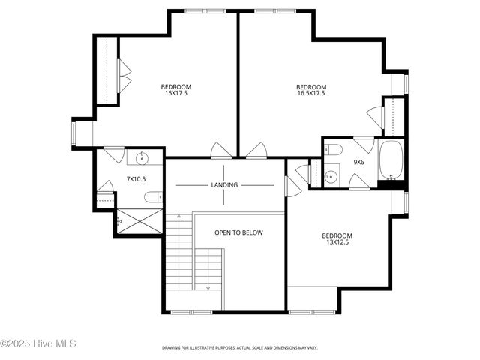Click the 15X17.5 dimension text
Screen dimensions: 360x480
click(176, 93)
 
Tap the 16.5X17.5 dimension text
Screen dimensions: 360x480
click(311, 93)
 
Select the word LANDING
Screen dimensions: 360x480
click(224, 185)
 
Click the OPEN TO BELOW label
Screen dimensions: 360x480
click(238, 232)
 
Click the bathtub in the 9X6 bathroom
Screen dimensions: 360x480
click(391, 160)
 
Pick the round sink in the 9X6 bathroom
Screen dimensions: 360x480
click(331, 177)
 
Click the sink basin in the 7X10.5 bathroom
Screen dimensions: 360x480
click(140, 158)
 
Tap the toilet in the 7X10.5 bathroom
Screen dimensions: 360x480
click(152, 197)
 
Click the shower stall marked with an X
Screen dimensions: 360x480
click(140, 221)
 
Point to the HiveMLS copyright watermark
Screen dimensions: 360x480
click(38, 344)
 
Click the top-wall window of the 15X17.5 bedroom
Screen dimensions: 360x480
click(201, 10)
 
